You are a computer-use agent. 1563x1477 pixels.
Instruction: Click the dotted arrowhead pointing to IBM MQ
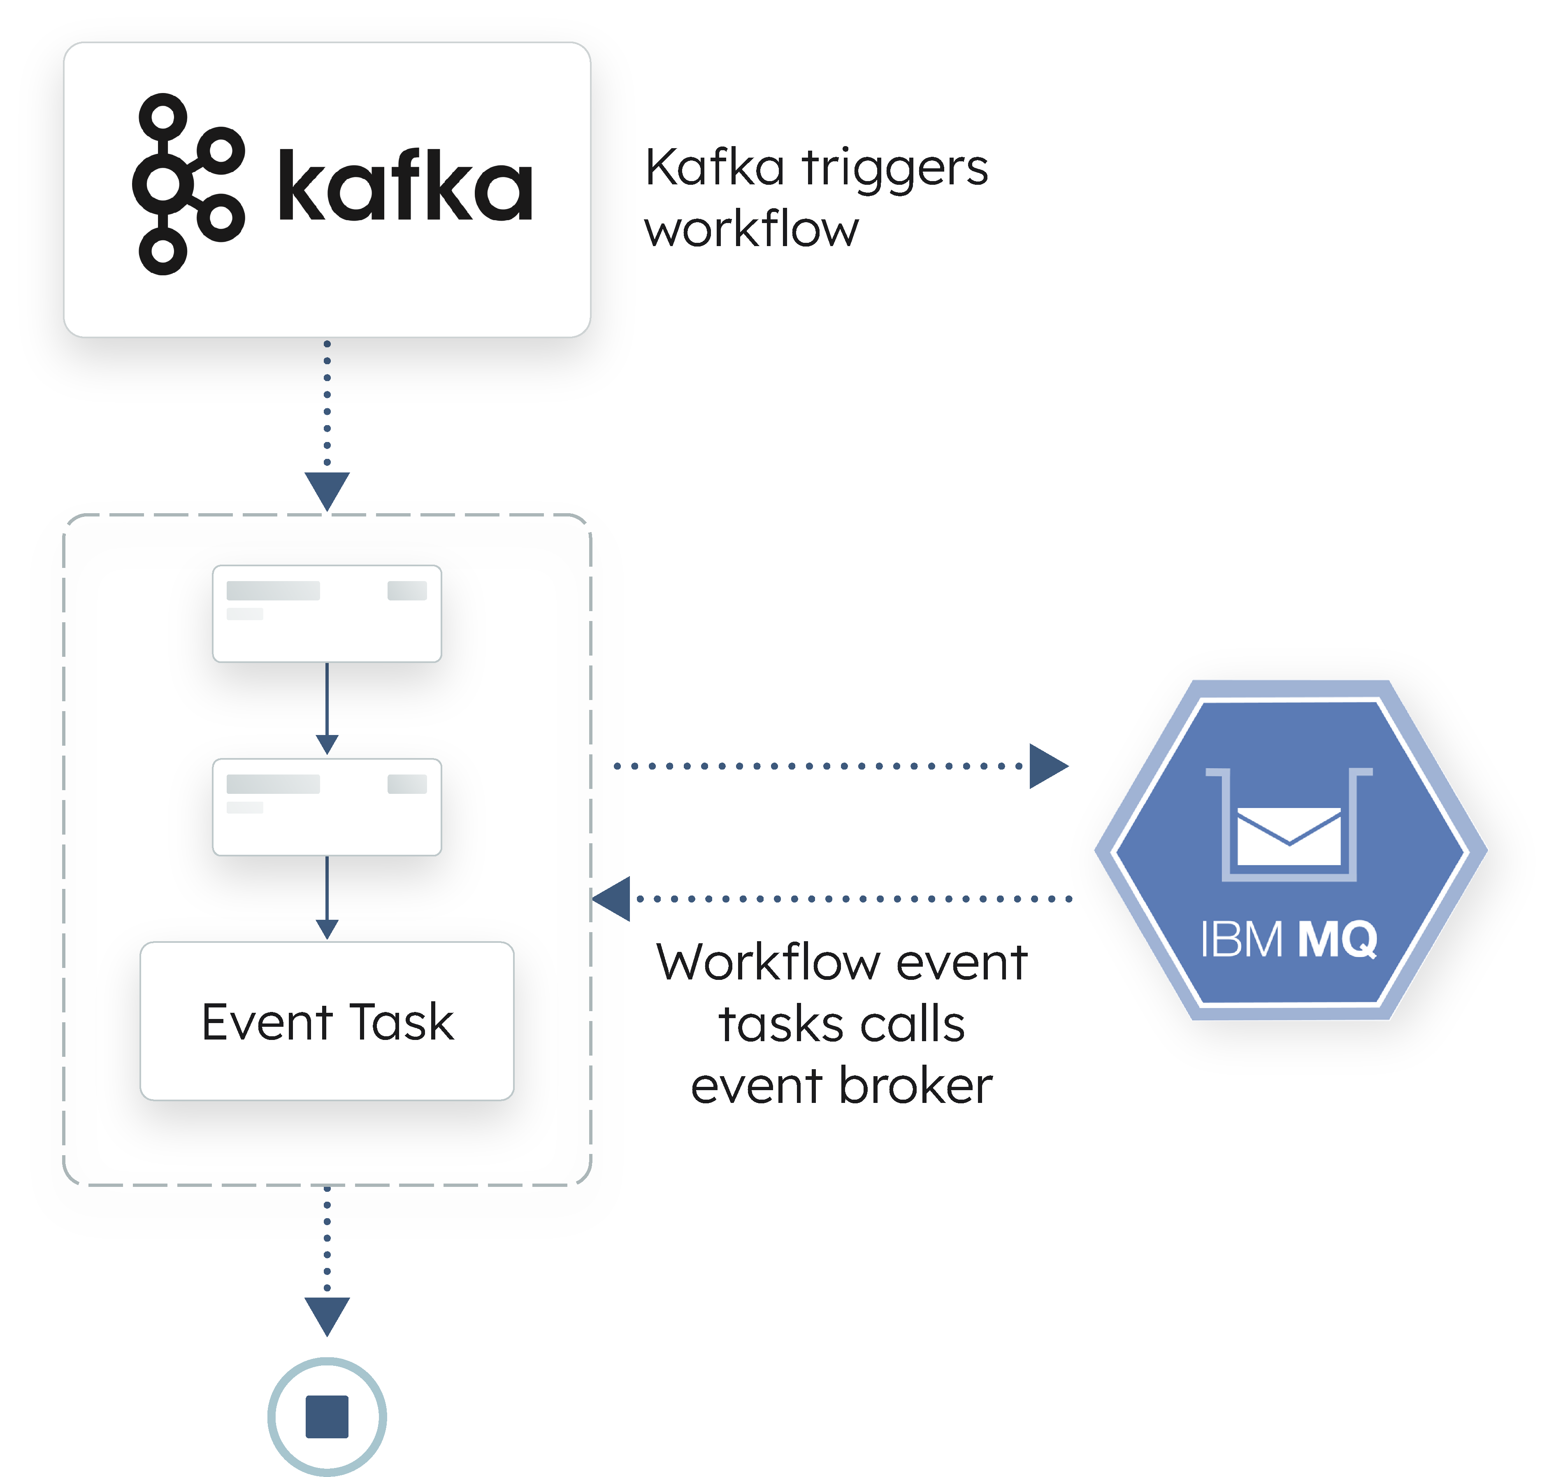pos(1047,765)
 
